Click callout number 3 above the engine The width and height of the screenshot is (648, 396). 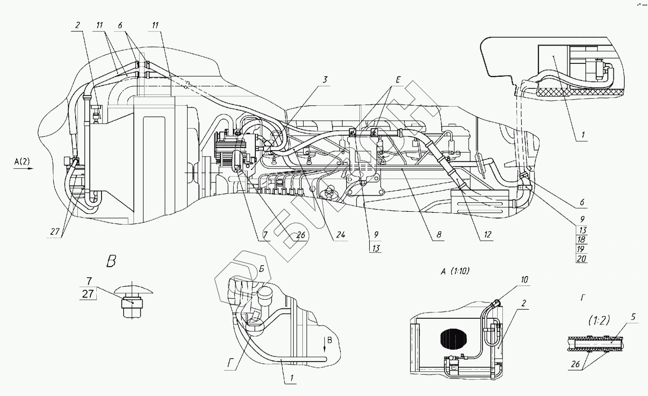point(325,79)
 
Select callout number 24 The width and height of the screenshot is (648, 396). point(341,235)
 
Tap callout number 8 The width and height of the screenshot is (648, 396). point(439,235)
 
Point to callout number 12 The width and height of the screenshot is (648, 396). point(488,235)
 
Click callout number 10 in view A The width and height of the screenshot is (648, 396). point(524,280)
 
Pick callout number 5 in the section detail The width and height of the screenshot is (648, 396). point(633,317)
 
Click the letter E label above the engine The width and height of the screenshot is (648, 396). point(398,80)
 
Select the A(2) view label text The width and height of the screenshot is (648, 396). point(22,162)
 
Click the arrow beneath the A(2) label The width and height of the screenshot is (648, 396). point(23,169)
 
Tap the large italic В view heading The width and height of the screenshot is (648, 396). point(111,261)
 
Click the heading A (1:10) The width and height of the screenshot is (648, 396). point(455,271)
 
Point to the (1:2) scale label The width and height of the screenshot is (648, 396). point(599,320)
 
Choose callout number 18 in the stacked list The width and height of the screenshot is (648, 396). point(581,239)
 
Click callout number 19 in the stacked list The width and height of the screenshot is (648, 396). point(581,249)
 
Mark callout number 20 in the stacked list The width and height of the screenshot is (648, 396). point(581,259)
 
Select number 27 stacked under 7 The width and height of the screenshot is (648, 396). point(88,294)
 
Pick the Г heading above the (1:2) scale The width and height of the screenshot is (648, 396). point(583,298)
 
